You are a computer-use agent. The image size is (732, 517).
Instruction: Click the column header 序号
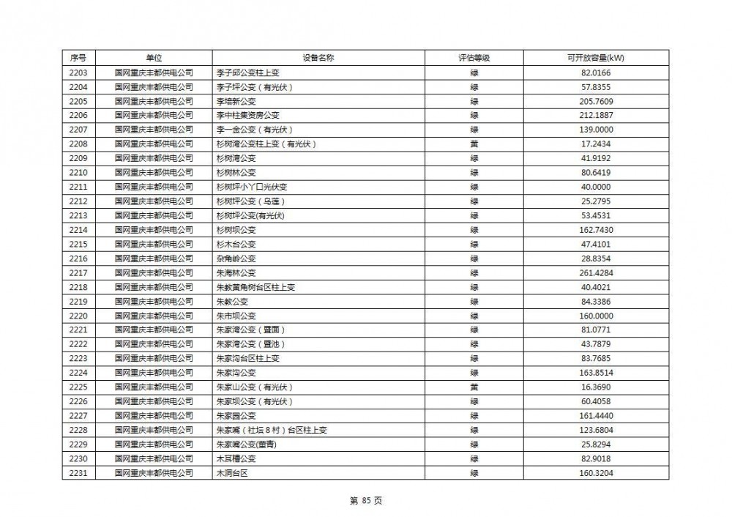click(78, 58)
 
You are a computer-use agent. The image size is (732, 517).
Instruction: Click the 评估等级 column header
click(474, 58)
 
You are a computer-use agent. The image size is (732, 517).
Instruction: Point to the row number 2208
click(78, 144)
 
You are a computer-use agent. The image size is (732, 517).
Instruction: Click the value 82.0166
click(595, 72)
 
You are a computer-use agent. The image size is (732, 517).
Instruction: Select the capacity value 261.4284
click(595, 272)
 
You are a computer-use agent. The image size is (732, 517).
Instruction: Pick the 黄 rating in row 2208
click(474, 144)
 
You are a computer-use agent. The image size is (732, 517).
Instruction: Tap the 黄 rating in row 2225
click(474, 387)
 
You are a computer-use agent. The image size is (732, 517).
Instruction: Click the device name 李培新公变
click(236, 101)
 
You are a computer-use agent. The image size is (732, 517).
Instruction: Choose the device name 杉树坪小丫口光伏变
click(250, 187)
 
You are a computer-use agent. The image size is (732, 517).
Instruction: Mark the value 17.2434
click(595, 144)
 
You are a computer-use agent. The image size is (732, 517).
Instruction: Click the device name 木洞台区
click(233, 472)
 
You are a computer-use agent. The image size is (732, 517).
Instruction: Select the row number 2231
click(78, 472)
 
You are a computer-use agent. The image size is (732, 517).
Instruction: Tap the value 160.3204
click(595, 472)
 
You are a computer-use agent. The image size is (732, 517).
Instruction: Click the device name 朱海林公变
click(236, 272)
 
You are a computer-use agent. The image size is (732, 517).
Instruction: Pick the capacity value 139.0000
click(595, 130)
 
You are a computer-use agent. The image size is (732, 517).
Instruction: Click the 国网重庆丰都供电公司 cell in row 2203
click(154, 72)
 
